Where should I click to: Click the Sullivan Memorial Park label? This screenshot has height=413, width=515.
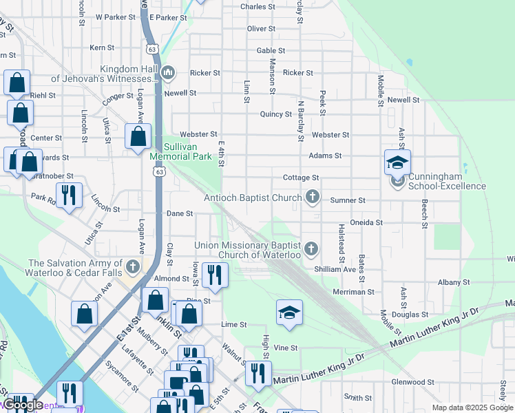point(181,151)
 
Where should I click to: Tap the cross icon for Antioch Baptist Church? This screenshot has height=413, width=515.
point(313,198)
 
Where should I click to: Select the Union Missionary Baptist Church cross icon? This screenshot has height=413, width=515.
point(311,248)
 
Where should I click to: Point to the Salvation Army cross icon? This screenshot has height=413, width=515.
point(132,266)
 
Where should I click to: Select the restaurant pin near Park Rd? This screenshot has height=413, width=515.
point(69,195)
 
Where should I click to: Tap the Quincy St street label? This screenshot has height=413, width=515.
point(275,114)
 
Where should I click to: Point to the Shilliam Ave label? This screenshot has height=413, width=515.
point(335,269)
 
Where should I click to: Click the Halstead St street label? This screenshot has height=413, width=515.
point(341,242)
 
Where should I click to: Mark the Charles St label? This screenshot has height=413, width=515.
point(257,7)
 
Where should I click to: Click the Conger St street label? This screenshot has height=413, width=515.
point(118,98)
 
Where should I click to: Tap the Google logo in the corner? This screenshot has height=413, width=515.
point(23,405)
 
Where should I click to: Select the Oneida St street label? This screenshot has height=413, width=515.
point(367,222)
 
